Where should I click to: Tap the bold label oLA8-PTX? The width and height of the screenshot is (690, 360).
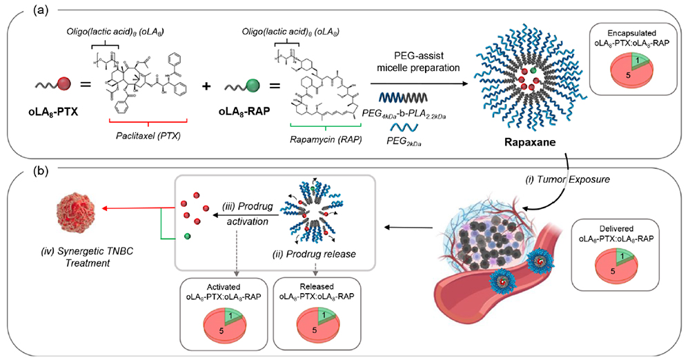click(51, 109)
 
